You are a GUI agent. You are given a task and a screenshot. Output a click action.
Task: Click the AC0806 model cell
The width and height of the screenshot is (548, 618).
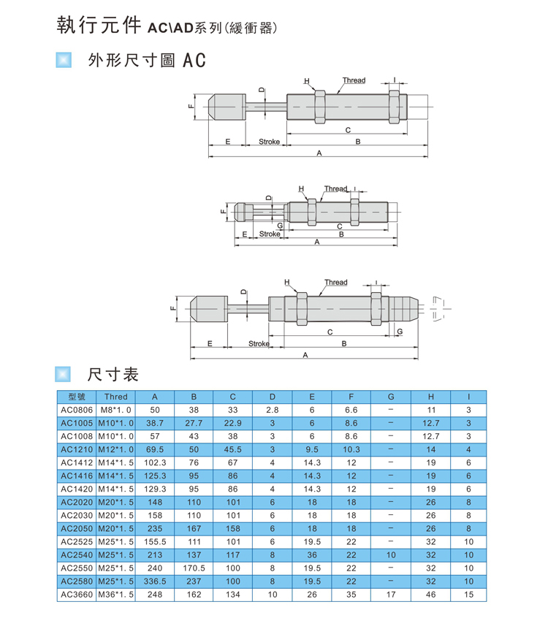(x=77, y=410)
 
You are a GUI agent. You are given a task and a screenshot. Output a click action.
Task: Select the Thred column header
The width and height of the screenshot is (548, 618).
(x=116, y=397)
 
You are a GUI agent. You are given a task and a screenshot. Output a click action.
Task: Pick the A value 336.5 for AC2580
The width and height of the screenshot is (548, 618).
(x=155, y=581)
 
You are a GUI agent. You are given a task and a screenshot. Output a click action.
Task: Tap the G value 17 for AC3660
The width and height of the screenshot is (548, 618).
(x=391, y=595)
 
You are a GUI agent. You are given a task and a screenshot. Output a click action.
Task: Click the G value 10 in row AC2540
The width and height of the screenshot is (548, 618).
(x=391, y=555)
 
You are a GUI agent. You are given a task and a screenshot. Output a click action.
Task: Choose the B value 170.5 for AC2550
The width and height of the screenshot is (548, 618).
(x=194, y=568)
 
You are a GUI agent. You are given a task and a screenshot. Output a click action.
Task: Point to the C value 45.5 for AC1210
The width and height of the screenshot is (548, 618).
(x=233, y=449)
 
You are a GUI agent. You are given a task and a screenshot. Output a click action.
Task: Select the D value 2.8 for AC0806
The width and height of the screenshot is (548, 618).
(x=273, y=410)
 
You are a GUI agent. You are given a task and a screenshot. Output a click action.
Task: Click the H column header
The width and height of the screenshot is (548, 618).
(x=431, y=397)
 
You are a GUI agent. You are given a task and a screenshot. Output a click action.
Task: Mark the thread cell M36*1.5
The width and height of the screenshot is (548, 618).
(x=116, y=595)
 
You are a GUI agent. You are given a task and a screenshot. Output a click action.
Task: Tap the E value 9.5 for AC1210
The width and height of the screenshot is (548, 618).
(x=312, y=449)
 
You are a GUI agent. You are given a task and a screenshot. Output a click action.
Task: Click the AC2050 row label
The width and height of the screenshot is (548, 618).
(x=77, y=529)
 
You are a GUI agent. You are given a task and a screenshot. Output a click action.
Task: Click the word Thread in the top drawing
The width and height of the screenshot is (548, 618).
(x=354, y=80)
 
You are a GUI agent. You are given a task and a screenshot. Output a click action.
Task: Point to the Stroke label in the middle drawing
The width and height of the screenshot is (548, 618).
(x=270, y=234)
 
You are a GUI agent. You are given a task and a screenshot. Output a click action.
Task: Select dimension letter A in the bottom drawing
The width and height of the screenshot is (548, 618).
(x=305, y=355)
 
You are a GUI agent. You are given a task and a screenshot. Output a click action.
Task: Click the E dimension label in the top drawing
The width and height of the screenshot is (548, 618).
(x=228, y=142)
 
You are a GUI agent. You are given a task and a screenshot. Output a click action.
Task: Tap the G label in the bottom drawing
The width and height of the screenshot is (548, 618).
(x=400, y=332)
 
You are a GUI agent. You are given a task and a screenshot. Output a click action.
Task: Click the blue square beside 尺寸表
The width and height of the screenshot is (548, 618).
(x=63, y=375)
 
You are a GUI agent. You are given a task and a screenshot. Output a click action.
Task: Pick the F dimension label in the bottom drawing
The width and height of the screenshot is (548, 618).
(x=172, y=308)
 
